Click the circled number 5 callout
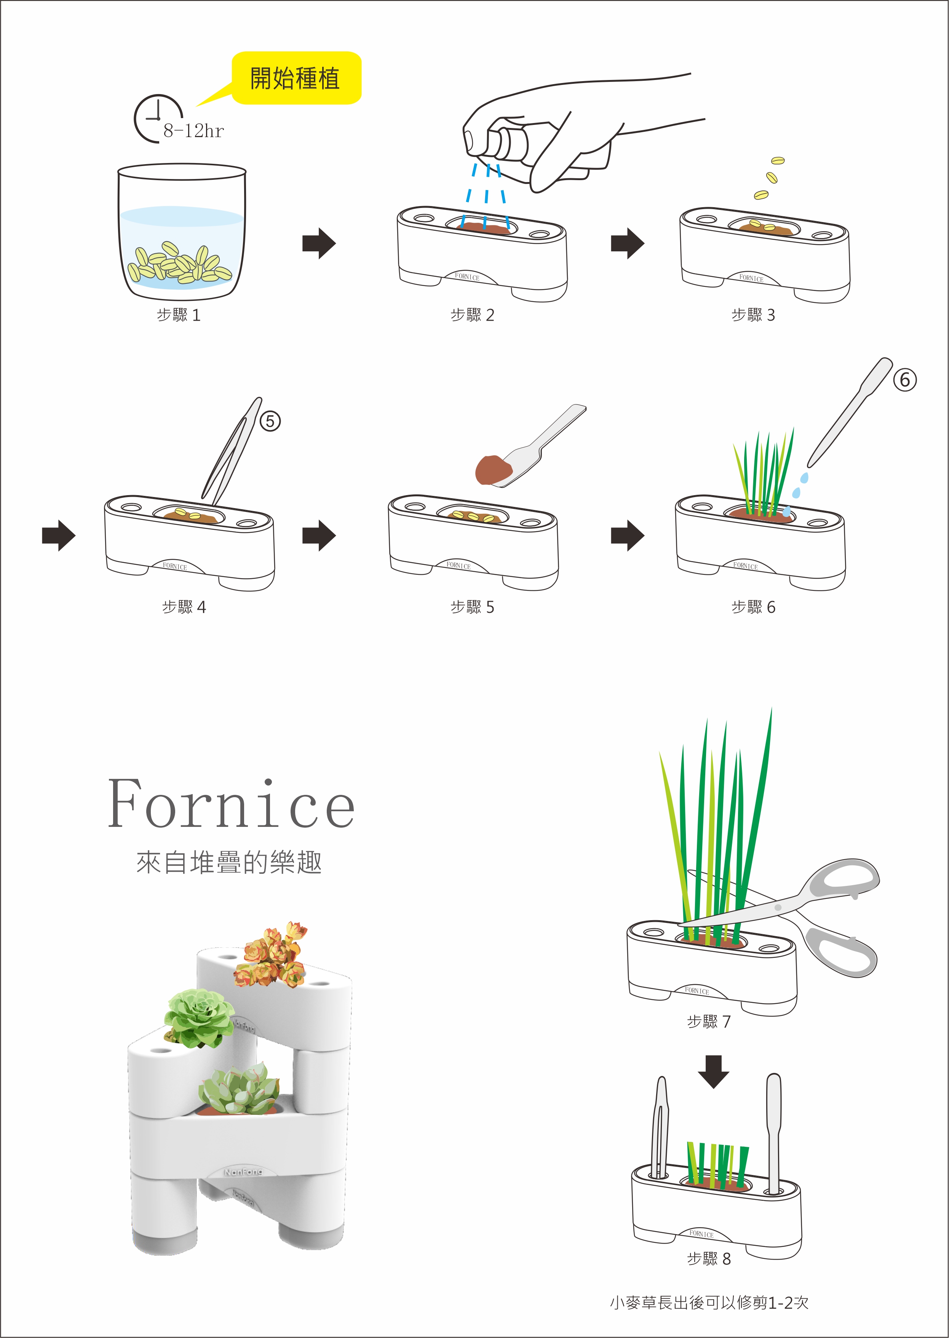point(270,421)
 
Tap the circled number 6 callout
point(904,380)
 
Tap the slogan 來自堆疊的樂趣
point(229,862)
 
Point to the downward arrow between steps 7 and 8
point(714,1071)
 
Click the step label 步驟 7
point(709,1021)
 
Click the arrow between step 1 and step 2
point(319,243)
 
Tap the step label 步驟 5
point(472,607)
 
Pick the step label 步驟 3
point(753,315)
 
